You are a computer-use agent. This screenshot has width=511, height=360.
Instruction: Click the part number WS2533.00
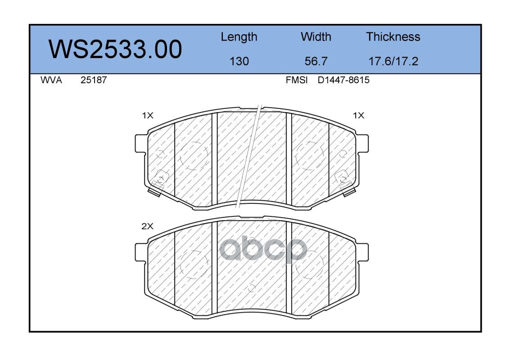pyautogui.click(x=115, y=49)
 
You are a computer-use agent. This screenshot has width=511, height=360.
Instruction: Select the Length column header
pyautogui.click(x=239, y=37)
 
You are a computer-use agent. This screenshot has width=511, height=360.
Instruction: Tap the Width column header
pyautogui.click(x=316, y=36)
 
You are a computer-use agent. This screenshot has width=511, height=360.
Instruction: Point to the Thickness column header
pyautogui.click(x=393, y=36)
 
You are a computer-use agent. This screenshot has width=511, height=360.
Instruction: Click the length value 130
pyautogui.click(x=239, y=61)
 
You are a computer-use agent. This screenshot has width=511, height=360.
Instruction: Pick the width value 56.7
pyautogui.click(x=316, y=61)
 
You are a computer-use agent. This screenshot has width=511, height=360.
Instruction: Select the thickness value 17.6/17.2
pyautogui.click(x=393, y=61)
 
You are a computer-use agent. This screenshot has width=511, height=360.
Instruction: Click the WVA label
pyautogui.click(x=51, y=80)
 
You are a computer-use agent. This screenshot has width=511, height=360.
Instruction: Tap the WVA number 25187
pyautogui.click(x=94, y=80)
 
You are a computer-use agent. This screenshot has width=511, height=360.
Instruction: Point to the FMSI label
pyautogui.click(x=297, y=80)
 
